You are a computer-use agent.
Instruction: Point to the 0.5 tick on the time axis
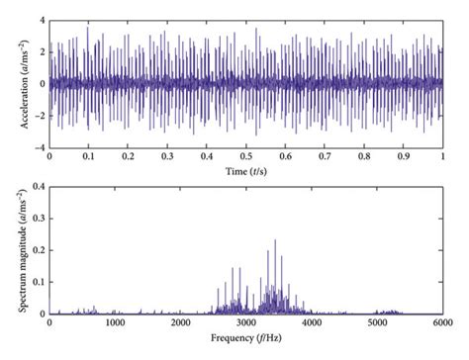[246, 156]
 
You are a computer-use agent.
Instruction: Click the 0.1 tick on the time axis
[88, 156]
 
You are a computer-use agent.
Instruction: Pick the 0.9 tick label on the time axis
[404, 156]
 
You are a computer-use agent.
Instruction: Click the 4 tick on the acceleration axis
[40, 20]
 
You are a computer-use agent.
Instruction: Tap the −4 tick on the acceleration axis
[37, 146]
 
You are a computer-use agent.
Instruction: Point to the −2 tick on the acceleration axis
[37, 115]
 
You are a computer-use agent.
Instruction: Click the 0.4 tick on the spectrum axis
[35, 185]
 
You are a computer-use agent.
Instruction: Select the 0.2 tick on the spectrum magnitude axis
[35, 249]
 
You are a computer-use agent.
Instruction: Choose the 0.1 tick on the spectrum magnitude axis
[35, 282]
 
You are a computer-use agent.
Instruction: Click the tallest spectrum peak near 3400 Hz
[275, 240]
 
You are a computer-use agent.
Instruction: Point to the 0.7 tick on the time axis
[325, 156]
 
